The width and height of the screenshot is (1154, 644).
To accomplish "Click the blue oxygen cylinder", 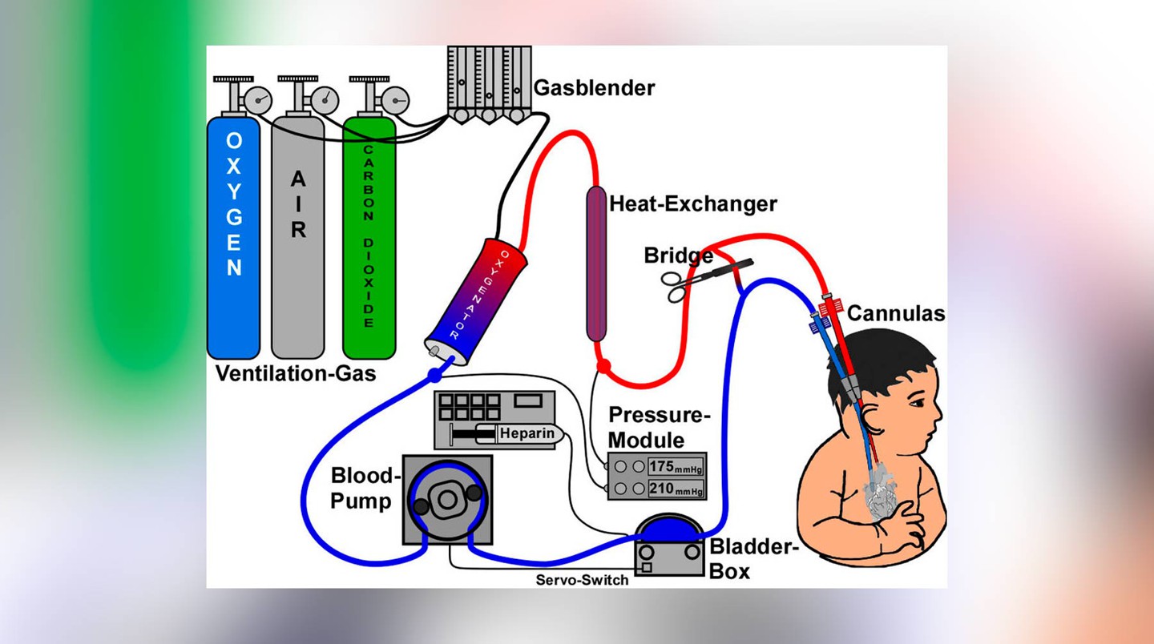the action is click(x=233, y=238).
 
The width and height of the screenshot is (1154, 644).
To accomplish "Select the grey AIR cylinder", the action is click(x=298, y=238).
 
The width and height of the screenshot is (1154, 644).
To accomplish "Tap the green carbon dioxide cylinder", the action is click(x=369, y=238).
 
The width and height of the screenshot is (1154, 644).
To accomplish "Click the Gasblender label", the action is click(x=594, y=88).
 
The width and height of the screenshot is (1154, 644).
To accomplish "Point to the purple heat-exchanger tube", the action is click(x=596, y=264).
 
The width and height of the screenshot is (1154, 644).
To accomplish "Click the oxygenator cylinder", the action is click(x=475, y=302).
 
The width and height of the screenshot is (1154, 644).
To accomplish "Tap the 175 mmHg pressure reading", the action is click(x=676, y=467).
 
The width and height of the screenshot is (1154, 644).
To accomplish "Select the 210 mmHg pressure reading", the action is click(x=676, y=489).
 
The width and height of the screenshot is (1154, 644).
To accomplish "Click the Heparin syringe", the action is click(x=507, y=433).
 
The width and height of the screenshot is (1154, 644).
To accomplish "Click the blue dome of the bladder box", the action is click(x=668, y=529).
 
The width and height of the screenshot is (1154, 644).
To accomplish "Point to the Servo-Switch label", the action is click(x=582, y=580).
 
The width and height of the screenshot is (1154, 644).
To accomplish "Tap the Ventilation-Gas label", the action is click(x=296, y=373).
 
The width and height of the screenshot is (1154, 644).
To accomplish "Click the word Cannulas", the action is click(x=896, y=313).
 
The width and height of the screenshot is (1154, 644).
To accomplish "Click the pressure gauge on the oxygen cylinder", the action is click(x=257, y=100).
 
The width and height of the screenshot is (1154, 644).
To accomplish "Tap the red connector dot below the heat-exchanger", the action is click(x=603, y=367).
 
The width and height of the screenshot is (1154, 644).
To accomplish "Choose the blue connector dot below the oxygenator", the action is click(x=435, y=376).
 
